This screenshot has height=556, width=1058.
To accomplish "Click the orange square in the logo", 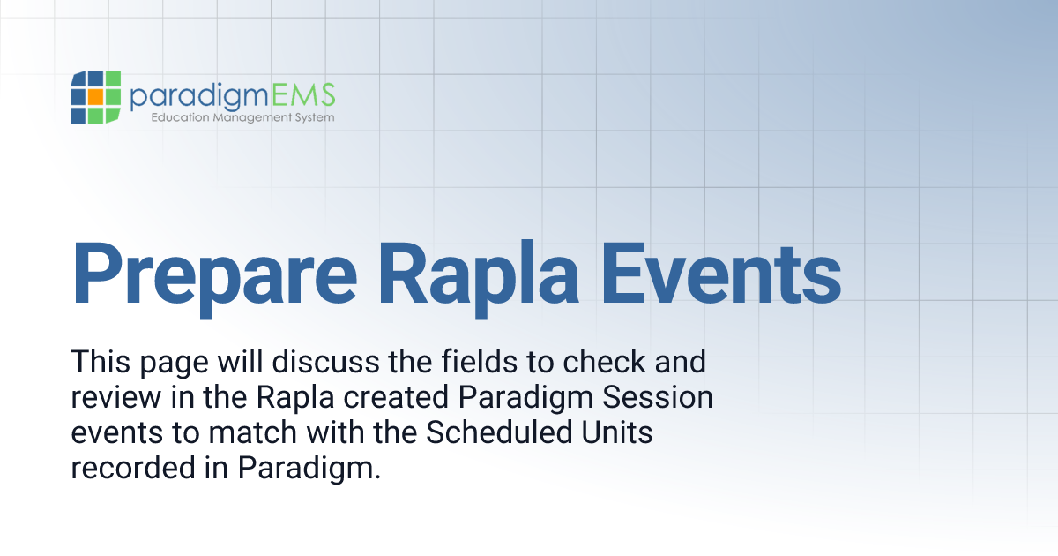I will coord(92,96).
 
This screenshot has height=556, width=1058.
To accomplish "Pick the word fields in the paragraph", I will coord(469,362).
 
